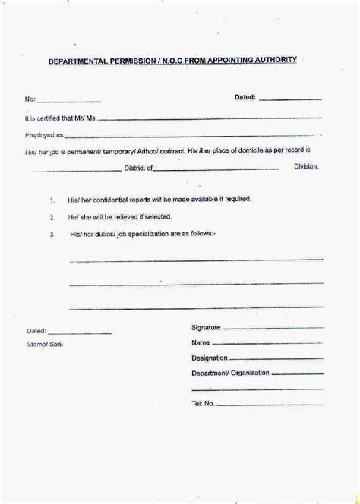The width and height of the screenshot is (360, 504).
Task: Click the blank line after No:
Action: point(69,101)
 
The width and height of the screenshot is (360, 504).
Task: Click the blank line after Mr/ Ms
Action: point(205,118)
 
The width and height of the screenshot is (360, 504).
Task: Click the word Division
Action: point(306,165)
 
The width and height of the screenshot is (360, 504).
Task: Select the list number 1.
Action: point(52,201)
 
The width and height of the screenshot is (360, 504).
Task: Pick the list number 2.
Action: point(52,218)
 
